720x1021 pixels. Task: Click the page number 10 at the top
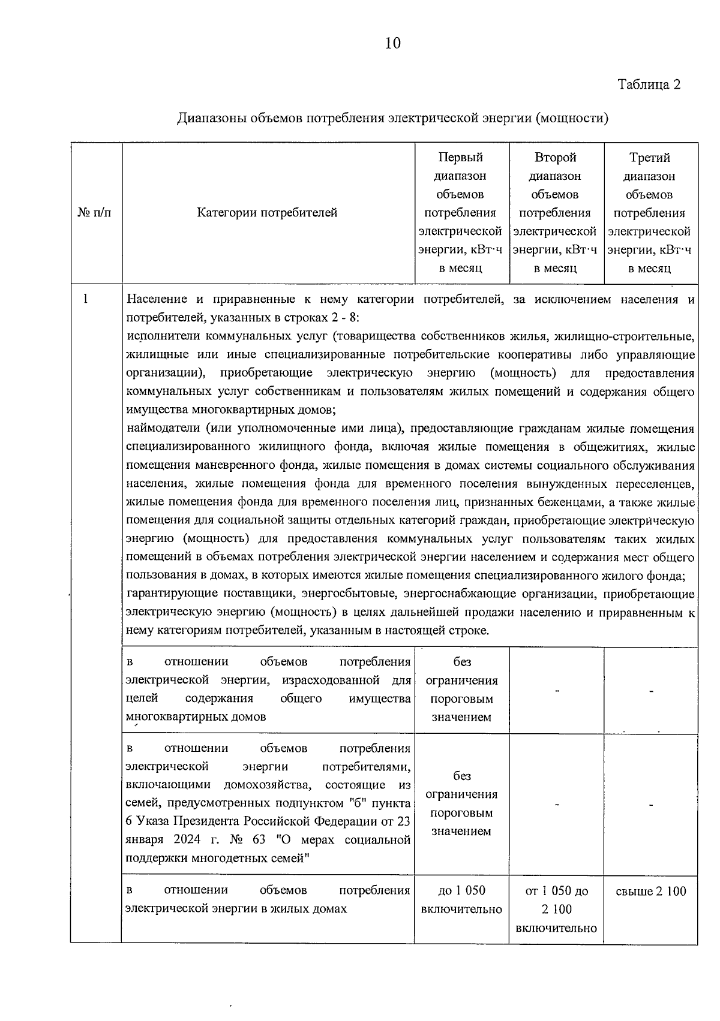tap(393, 43)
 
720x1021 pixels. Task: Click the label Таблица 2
tap(649, 85)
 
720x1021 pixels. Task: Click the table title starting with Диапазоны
tap(392, 118)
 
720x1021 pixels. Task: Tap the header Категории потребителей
tap(268, 213)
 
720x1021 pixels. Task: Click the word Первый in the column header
tap(461, 158)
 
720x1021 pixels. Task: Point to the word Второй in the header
tap(555, 158)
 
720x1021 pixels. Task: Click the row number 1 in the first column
tap(86, 299)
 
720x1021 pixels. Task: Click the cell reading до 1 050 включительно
tap(461, 900)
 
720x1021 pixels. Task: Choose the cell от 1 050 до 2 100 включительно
tap(556, 909)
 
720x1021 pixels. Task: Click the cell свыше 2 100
tap(650, 891)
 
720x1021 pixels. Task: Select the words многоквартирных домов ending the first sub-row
tap(196, 716)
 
